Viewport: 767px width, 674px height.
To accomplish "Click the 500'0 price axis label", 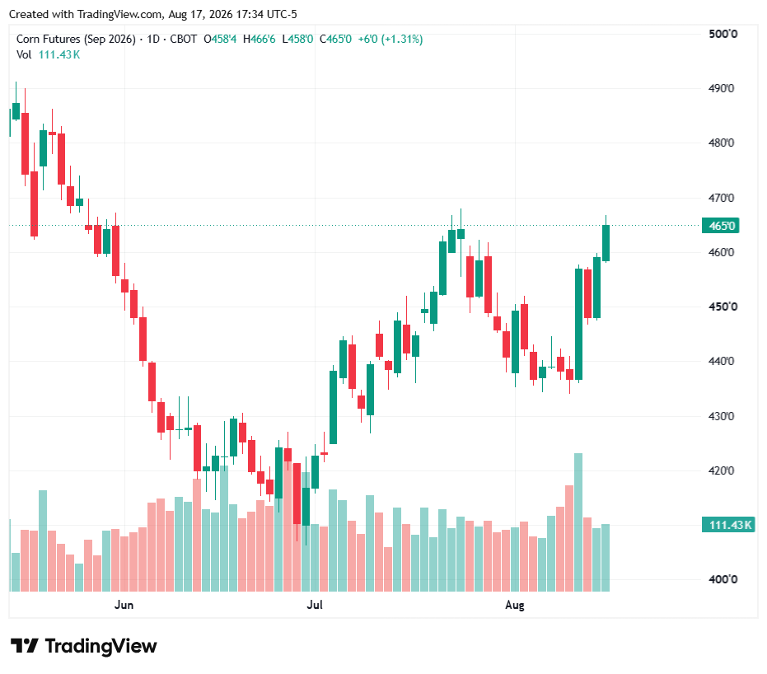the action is pos(723,34).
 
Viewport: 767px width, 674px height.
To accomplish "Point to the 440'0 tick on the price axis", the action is pos(722,361).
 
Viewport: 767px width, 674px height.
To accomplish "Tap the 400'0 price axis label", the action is pos(723,579).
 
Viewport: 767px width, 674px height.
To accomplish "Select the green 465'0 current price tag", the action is pos(721,226).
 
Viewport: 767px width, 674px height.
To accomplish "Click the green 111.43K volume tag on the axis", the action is pos(728,525).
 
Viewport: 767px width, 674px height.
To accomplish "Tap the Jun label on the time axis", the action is pos(124,605).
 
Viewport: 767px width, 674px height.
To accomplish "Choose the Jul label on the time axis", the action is pos(315,605).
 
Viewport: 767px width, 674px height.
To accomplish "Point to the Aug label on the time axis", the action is pos(515,605).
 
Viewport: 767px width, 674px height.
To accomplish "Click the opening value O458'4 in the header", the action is pos(220,39).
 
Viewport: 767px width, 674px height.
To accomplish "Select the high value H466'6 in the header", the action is pos(260,39).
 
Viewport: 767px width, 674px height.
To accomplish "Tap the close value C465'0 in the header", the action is pos(335,39).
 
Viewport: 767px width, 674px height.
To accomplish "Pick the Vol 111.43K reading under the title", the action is pos(48,54).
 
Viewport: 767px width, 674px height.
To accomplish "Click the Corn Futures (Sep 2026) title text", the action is pos(76,39).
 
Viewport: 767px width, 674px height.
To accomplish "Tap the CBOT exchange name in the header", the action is pos(184,39).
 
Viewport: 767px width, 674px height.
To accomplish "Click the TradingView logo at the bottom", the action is pos(84,646).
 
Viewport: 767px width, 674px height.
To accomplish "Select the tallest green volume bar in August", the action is pos(578,522).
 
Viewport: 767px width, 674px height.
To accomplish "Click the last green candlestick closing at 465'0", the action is pos(606,242).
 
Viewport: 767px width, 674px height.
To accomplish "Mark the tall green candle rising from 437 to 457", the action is pos(578,324).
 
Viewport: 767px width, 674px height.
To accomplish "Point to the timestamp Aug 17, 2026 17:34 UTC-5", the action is pos(232,14).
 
